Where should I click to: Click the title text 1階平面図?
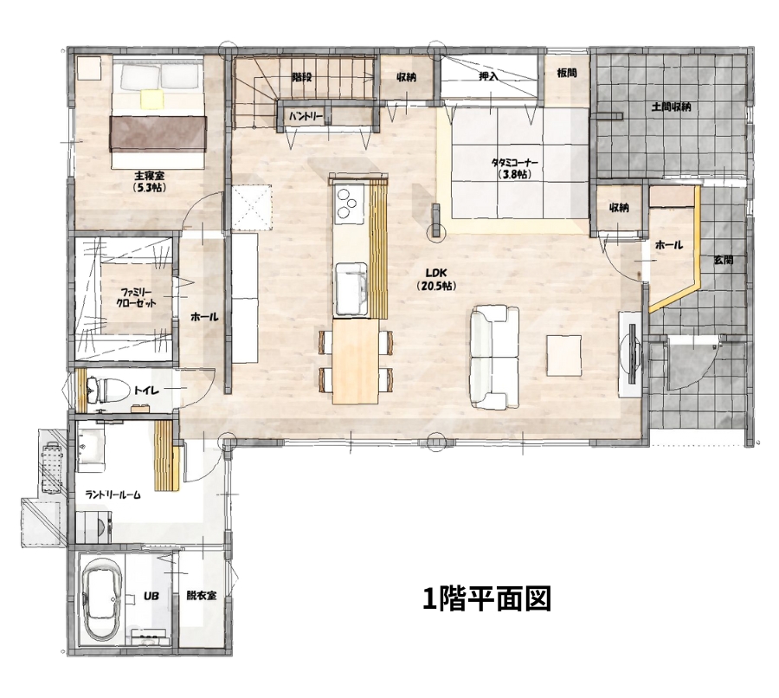pos(486,598)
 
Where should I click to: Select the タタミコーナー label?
pos(514,167)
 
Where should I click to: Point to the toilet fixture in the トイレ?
pos(103,391)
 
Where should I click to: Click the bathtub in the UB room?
pos(102,598)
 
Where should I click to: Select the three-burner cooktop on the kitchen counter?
pos(347,204)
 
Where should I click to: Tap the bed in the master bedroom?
pos(158,114)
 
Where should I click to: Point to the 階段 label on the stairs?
pos(301,77)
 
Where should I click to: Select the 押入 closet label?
pos(489,77)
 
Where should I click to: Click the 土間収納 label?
pos(671,107)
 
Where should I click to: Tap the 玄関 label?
pos(723,259)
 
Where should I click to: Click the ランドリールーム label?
pos(113,494)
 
